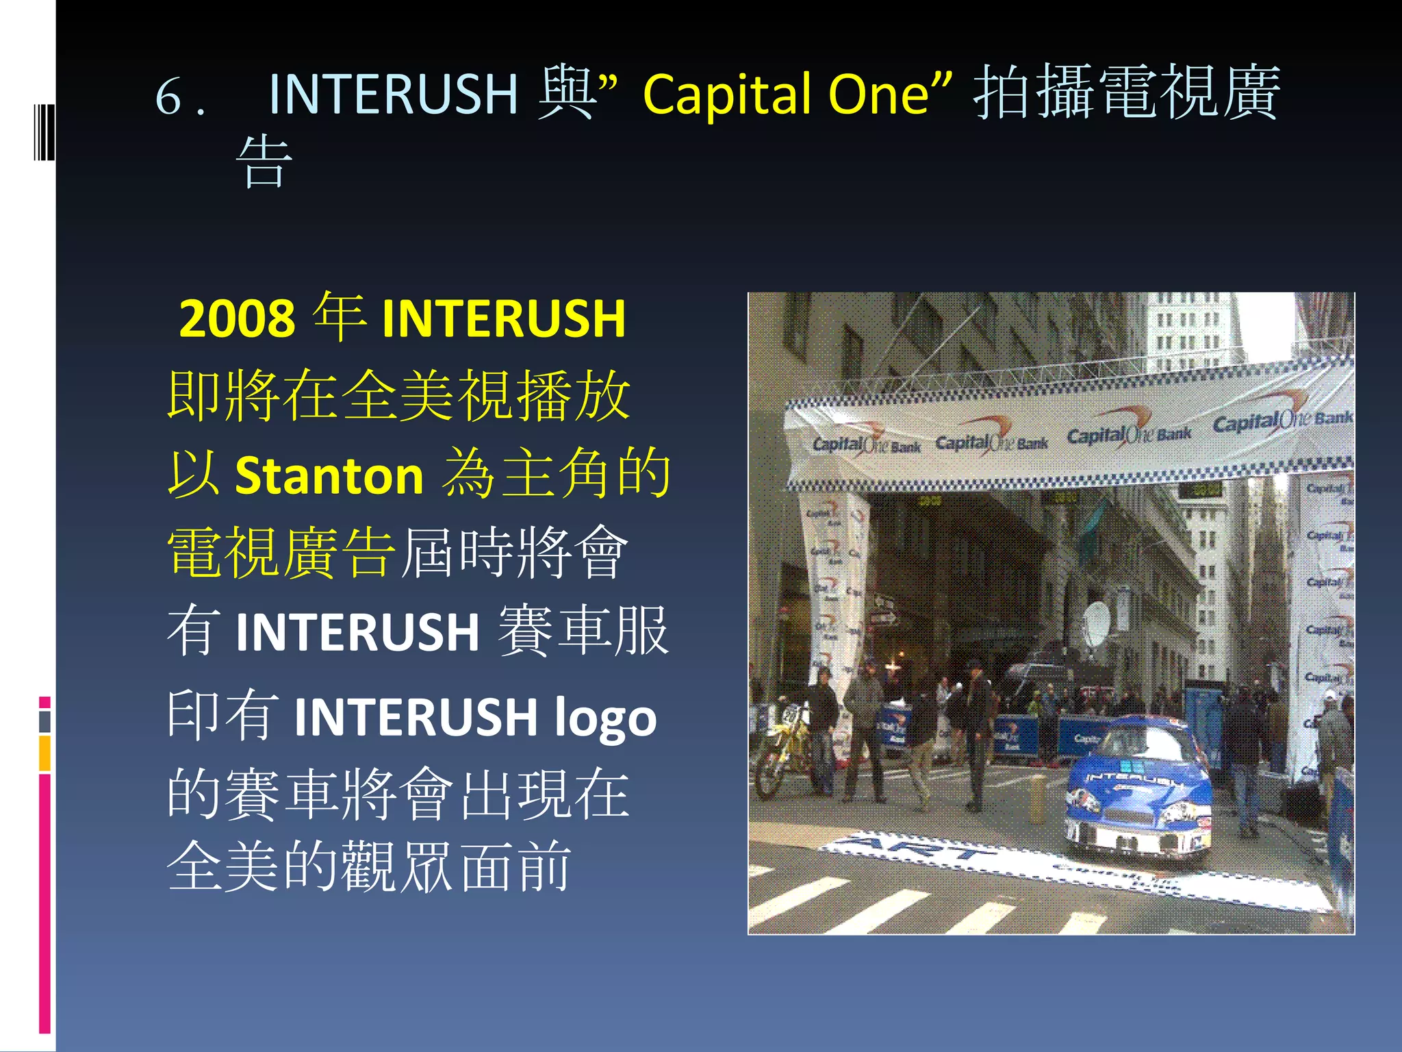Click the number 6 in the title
point(168,96)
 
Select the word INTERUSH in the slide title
point(393,95)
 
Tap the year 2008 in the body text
point(236,319)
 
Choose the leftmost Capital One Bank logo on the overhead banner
point(865,444)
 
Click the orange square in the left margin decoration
point(44,753)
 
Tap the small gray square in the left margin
point(44,721)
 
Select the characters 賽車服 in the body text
point(583,631)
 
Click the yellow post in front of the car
point(1037,798)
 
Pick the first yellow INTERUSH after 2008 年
point(503,319)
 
